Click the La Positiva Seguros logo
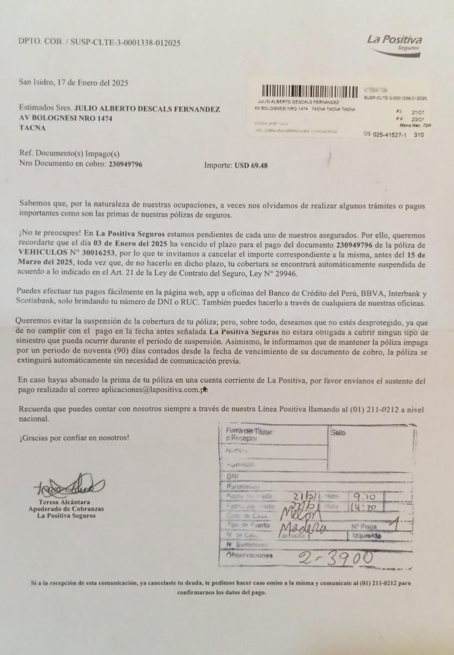coord(394,44)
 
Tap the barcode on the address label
coord(310,92)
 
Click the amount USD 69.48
coord(251,165)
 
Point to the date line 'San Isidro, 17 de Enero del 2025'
coord(73,82)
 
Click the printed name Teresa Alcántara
coord(66,502)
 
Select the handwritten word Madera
coord(304,529)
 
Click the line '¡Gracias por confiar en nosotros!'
coord(74,438)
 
